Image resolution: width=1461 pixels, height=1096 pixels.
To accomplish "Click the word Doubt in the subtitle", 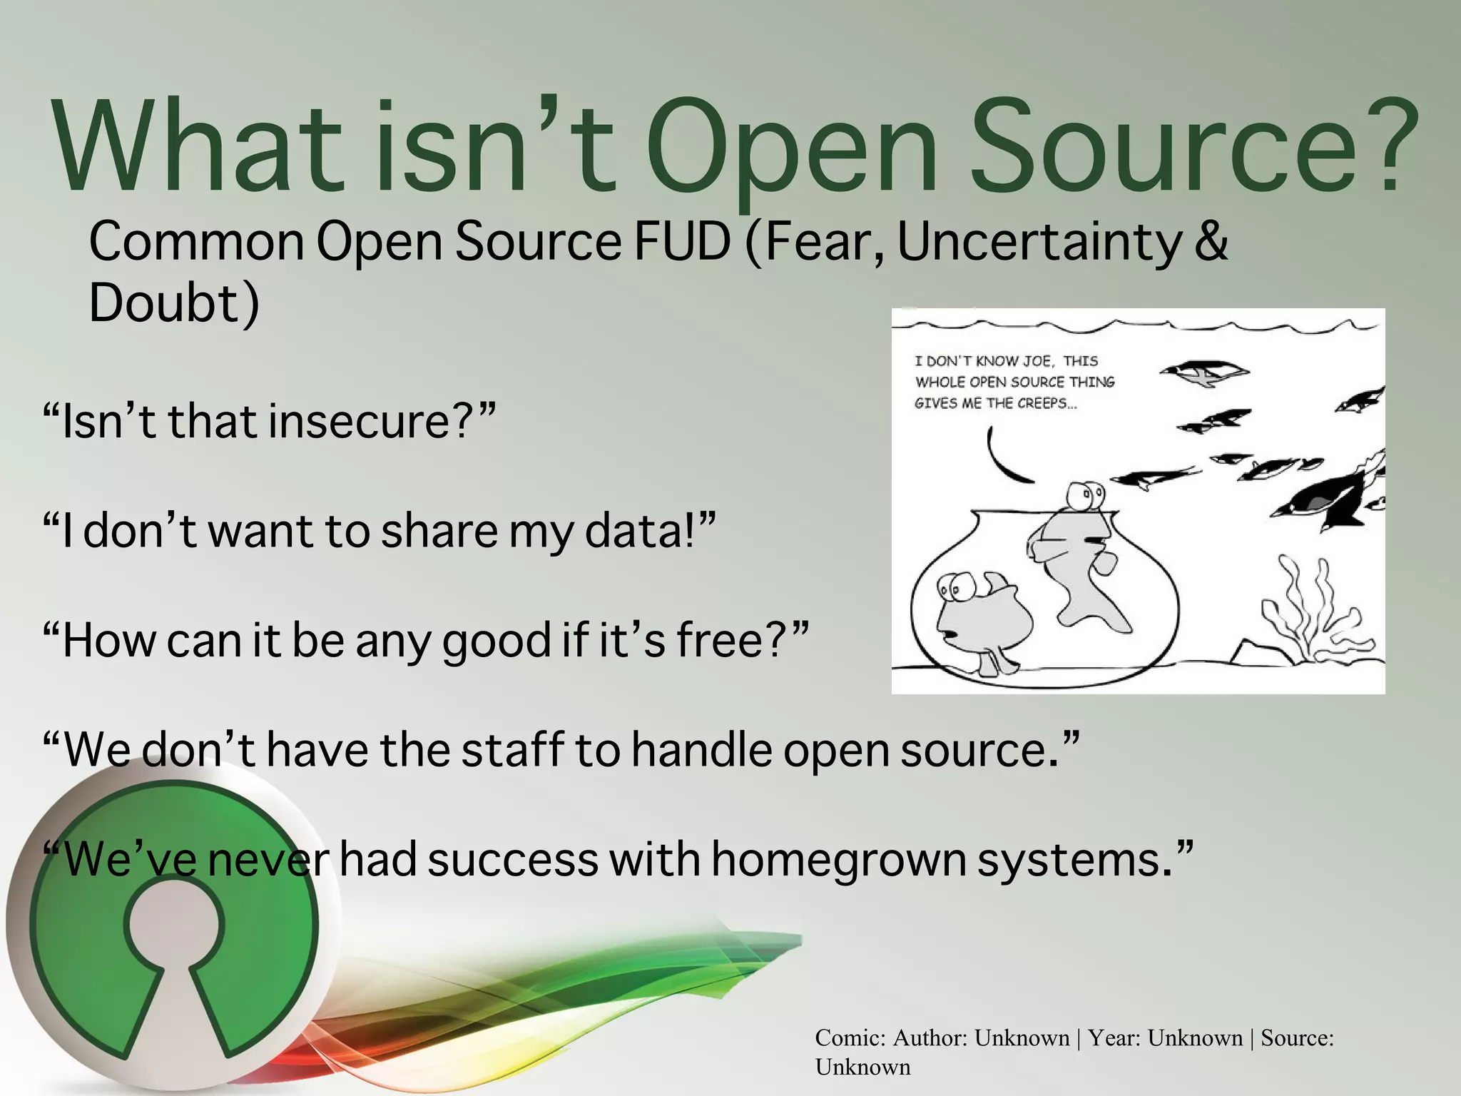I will tap(163, 303).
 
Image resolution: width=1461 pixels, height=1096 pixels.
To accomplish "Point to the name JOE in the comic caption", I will tap(1033, 361).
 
